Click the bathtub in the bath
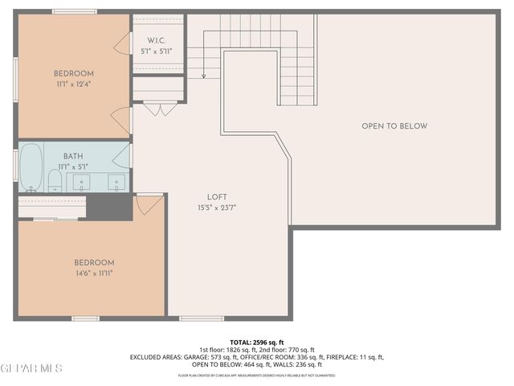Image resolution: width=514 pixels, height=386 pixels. pos(31,167)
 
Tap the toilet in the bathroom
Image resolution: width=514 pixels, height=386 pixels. pos(55,179)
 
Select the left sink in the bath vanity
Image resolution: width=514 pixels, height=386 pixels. pos(83,182)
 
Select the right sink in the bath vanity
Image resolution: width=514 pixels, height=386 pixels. pos(116,182)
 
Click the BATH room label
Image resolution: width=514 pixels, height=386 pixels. pos(73,157)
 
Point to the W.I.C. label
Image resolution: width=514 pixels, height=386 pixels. pos(157,40)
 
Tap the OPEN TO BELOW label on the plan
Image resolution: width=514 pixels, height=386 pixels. pos(394,126)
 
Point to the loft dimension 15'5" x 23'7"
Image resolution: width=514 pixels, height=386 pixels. pos(217,207)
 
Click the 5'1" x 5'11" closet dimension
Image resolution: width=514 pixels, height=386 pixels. pos(157,51)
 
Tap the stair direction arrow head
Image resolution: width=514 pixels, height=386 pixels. pos(204,76)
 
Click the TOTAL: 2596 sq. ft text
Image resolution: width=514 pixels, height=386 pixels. pos(257,342)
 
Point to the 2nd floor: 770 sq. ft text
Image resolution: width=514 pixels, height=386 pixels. pos(283,350)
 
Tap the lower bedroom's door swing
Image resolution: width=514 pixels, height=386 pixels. pos(149,205)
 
